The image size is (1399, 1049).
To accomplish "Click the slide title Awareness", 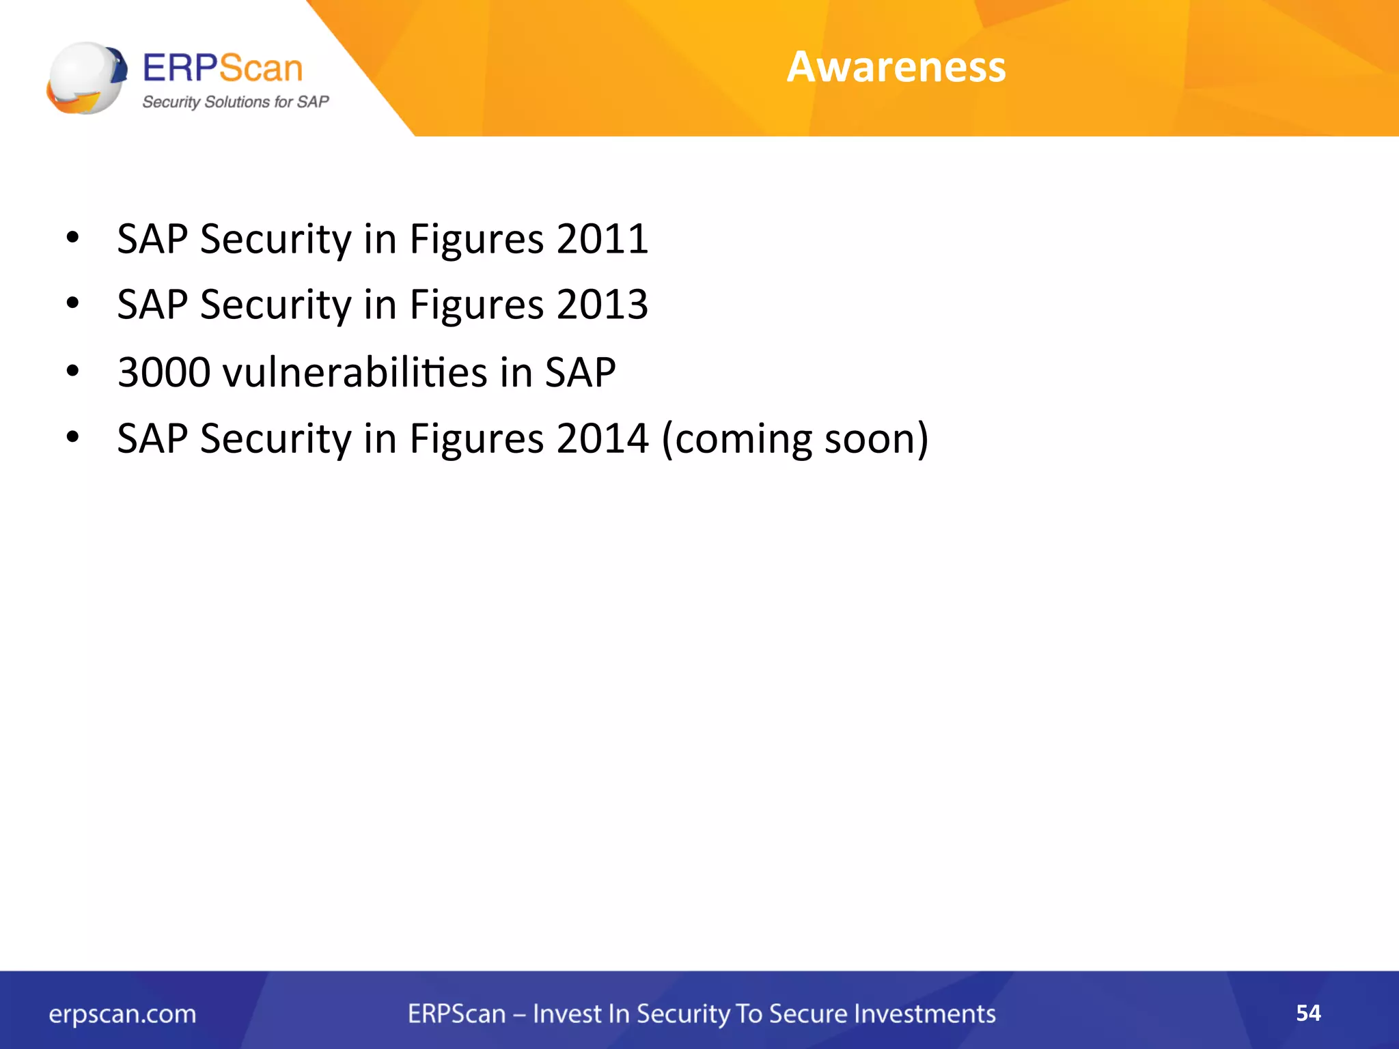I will [x=896, y=67].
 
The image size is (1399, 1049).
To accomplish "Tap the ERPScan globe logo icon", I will [x=87, y=78].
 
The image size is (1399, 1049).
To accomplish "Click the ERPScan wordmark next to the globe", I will [x=223, y=68].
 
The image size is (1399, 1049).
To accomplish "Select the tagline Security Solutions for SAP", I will [x=235, y=102].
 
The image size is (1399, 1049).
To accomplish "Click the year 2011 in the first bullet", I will [x=602, y=239].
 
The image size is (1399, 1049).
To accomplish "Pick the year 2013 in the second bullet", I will [x=602, y=305].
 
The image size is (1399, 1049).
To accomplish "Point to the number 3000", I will [x=164, y=372].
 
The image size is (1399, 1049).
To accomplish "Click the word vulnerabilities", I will [x=355, y=372].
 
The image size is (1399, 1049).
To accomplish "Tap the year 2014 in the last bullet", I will [x=602, y=438].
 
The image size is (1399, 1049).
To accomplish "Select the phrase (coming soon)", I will [x=795, y=438].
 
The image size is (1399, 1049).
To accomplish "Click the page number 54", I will [x=1308, y=1013].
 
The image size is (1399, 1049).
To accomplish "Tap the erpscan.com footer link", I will [x=122, y=1014].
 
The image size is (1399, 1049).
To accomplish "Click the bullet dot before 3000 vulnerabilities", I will [x=73, y=372].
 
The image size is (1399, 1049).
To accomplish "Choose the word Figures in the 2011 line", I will [x=476, y=240].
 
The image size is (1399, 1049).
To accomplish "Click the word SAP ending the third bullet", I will [x=580, y=372].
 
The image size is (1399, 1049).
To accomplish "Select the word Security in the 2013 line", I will [x=275, y=305].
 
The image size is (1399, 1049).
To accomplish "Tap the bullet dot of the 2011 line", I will [x=73, y=238].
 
